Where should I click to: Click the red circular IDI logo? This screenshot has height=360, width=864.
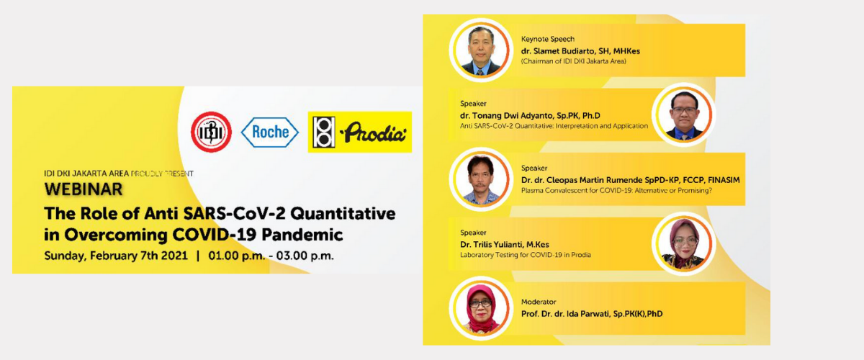tap(211, 132)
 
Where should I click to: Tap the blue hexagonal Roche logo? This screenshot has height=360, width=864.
tap(269, 132)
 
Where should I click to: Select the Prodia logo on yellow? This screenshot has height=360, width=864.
tap(359, 132)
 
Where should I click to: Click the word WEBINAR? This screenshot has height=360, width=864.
tap(84, 189)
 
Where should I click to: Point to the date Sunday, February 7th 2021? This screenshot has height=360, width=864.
tap(116, 256)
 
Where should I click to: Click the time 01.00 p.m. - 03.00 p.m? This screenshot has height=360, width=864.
tap(271, 256)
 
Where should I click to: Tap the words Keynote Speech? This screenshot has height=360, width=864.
tap(548, 39)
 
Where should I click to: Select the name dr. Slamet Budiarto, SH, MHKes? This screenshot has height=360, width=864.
tap(580, 51)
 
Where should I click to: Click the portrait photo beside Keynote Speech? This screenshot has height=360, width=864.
tap(481, 50)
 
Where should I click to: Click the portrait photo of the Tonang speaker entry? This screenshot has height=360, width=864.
tap(684, 114)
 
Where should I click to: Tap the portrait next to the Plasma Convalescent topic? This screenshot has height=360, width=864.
tap(481, 179)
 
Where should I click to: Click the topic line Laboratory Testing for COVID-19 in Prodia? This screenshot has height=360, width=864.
tap(526, 255)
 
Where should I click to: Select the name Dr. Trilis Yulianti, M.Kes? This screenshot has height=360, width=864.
tap(505, 244)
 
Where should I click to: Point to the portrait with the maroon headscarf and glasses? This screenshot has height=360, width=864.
tap(684, 243)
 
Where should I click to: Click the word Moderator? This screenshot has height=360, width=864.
tap(539, 302)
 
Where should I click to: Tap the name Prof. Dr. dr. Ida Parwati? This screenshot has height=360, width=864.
tap(566, 314)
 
